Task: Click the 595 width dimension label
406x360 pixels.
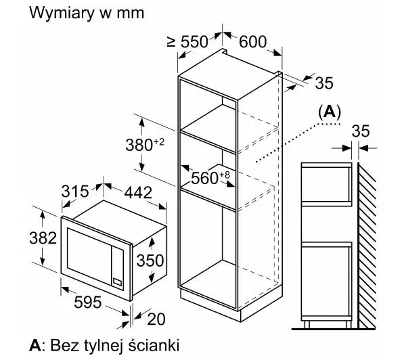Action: point(87,302)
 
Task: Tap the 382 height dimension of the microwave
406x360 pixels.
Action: point(43,238)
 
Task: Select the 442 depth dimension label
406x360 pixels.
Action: point(138,193)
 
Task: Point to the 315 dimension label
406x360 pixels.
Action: point(75,192)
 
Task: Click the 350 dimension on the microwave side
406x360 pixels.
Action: point(150,261)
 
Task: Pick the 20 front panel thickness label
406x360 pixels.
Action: point(156,319)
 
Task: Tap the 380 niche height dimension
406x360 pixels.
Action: point(145,145)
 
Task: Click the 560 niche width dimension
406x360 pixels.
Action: point(210,178)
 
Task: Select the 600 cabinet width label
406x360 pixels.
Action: point(252,41)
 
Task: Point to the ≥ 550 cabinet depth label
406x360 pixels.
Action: point(187,41)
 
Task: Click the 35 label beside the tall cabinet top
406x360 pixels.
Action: point(324,83)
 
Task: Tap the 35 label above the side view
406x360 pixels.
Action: point(361,131)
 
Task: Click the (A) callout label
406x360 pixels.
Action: point(330,112)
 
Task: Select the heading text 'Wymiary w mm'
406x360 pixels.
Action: point(87,12)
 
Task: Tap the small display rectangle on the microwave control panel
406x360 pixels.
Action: point(117,282)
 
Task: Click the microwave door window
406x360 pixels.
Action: point(89,256)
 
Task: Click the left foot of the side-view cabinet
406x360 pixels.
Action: point(307,325)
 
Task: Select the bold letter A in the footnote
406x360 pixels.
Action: point(35,345)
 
